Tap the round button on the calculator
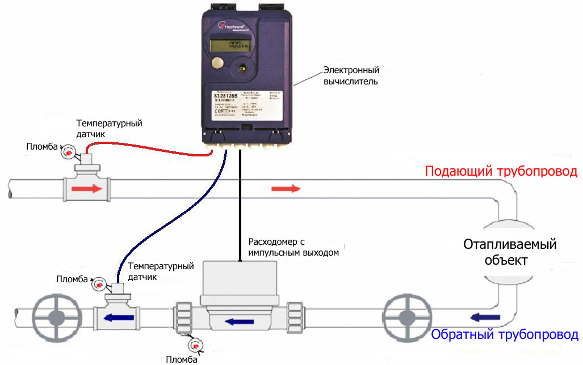point(217,63)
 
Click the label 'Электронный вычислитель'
point(351,76)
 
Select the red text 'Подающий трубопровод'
point(501,172)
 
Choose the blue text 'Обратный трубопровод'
point(505,334)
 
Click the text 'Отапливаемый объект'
point(510,253)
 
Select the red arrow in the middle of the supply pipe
point(286,188)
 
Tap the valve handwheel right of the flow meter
point(405,317)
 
